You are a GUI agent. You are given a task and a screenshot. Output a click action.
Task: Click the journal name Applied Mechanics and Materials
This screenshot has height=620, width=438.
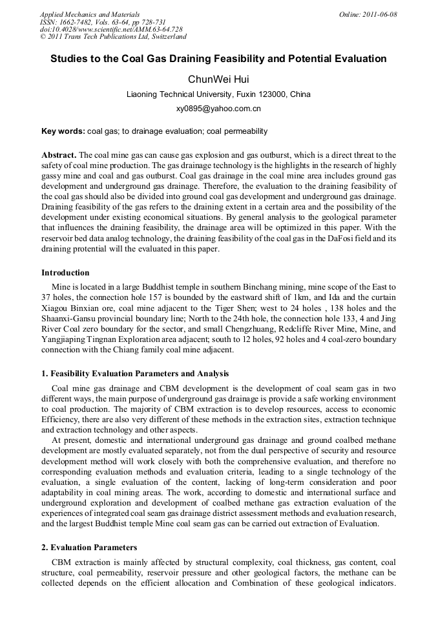tap(89, 14)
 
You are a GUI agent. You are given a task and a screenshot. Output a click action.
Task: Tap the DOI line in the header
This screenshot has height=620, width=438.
tap(111, 30)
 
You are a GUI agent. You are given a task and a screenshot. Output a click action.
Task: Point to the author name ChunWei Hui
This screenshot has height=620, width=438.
tap(218, 79)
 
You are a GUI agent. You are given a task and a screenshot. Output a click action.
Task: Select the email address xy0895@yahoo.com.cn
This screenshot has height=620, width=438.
tap(218, 109)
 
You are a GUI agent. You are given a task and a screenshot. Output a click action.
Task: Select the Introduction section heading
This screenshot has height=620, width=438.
tap(65, 272)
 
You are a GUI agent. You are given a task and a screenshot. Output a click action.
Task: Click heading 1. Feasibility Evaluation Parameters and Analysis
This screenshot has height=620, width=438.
tap(135, 374)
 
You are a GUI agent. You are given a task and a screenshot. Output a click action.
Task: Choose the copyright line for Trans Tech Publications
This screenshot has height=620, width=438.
tap(113, 37)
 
